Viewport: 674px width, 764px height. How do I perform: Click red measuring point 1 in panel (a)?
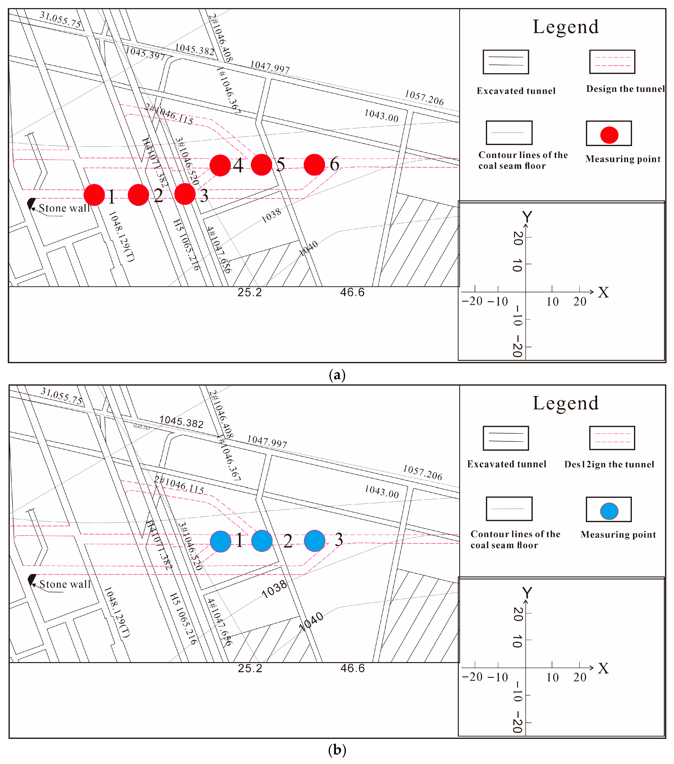94,195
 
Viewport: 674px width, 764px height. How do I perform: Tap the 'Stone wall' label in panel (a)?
64,208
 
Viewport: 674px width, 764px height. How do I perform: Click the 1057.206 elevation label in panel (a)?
424,98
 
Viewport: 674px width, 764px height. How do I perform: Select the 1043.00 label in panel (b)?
382,491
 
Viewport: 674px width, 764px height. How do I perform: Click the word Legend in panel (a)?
566,27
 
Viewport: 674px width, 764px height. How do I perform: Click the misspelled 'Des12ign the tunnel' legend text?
609,464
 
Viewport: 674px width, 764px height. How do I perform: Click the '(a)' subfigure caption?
337,374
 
